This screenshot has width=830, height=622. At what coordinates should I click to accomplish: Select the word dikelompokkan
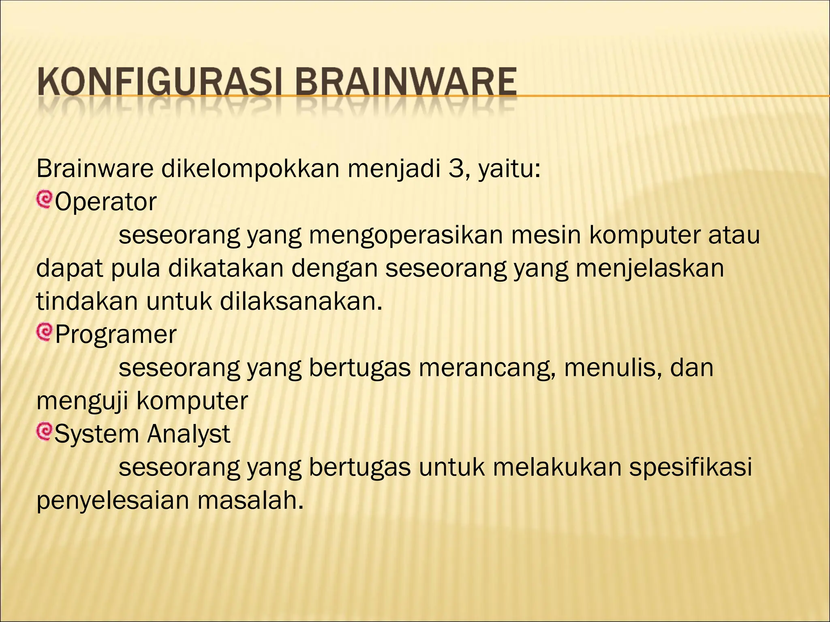point(250,169)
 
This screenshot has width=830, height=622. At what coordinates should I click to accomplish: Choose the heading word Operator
point(105,202)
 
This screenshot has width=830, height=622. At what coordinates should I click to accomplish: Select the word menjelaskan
point(650,268)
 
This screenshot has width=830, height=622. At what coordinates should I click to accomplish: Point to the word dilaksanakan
point(301,301)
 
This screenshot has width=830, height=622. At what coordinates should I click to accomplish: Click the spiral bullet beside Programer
point(44,332)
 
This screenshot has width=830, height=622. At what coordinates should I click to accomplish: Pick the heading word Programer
point(116,334)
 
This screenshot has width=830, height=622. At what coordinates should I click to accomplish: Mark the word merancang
point(488,368)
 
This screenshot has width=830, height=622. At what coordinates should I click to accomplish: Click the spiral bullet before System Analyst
point(44,432)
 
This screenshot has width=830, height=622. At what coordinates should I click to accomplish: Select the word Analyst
point(188,434)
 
